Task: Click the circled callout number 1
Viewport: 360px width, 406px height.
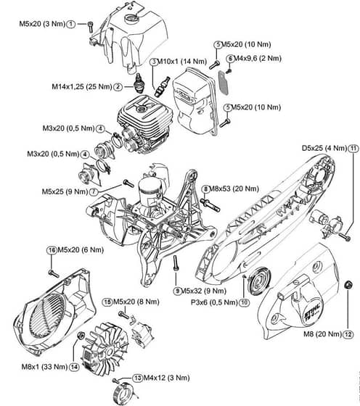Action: point(70,25)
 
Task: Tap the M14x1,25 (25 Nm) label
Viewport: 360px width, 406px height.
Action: point(82,86)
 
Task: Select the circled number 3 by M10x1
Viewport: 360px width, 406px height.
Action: point(154,62)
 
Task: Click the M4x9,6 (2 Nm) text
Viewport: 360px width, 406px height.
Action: point(258,59)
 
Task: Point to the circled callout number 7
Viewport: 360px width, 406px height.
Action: point(94,192)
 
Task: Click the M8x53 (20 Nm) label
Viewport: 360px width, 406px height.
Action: point(234,188)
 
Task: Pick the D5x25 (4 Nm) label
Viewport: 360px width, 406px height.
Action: point(324,149)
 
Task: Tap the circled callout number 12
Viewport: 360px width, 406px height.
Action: point(348,334)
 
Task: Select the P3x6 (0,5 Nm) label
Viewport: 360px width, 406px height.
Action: point(214,302)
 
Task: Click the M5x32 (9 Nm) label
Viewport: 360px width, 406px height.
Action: point(203,291)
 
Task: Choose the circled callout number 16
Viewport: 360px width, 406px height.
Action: point(52,250)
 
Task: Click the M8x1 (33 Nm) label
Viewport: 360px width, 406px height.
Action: point(44,367)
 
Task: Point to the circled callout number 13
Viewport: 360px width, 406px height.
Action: point(137,378)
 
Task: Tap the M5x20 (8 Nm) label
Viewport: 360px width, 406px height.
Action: point(136,302)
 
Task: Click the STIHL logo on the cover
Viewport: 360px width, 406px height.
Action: point(312,312)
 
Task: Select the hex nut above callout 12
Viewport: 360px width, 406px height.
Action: point(348,285)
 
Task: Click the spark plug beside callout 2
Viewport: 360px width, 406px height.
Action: point(139,83)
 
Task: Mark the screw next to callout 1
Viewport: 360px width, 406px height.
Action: point(90,27)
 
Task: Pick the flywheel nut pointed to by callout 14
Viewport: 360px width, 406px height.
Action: point(81,336)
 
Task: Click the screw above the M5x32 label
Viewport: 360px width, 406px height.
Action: point(176,263)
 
